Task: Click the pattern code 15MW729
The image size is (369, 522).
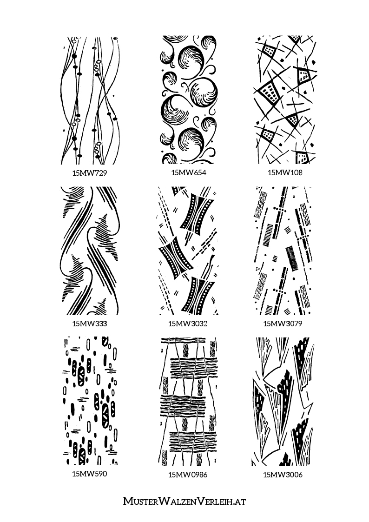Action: [90, 173]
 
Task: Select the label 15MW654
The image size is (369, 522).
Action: [189, 173]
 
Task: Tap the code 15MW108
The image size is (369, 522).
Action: [285, 173]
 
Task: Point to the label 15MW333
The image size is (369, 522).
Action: [90, 323]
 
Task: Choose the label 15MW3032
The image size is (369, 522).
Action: [188, 324]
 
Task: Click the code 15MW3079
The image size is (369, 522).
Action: [283, 324]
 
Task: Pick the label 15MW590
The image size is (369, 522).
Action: [90, 474]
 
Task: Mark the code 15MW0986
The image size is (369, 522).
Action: [188, 475]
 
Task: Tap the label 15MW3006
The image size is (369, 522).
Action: [283, 475]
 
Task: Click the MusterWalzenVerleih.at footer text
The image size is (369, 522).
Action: [184, 501]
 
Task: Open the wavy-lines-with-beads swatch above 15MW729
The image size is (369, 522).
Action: [90, 100]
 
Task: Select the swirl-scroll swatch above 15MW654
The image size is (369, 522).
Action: [189, 100]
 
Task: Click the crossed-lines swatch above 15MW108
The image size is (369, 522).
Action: [285, 100]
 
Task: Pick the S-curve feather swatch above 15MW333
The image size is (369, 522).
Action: [90, 251]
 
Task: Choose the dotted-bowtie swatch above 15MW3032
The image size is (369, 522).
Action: [188, 251]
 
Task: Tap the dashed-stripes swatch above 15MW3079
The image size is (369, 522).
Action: [283, 251]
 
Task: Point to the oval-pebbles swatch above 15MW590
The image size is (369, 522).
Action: [91, 401]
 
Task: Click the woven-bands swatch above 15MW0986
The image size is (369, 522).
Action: [188, 402]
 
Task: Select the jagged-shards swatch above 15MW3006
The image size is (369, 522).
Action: [283, 402]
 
